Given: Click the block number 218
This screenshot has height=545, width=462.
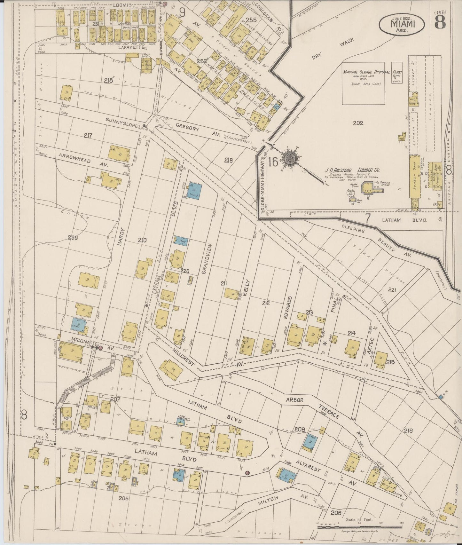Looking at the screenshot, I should (109, 81).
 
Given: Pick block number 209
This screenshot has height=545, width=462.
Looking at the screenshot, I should (73, 238).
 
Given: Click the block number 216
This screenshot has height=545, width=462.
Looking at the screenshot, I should (408, 430).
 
